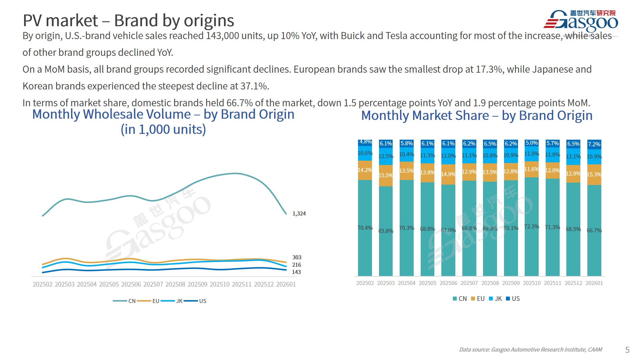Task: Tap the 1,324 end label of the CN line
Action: click(299, 214)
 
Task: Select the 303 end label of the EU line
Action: click(297, 257)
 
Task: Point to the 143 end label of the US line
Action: click(296, 272)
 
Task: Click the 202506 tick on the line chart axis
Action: click(131, 284)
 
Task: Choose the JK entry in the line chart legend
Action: click(179, 301)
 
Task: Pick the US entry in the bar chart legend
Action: click(515, 299)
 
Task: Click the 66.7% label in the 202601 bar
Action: click(594, 230)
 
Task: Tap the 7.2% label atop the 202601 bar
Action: click(594, 144)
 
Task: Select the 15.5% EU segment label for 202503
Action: click(386, 175)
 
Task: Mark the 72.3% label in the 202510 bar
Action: click(532, 227)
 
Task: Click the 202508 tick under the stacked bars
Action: click(490, 283)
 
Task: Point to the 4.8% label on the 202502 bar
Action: click(365, 142)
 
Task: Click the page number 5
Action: click(627, 350)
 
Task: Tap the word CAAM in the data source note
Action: click(595, 350)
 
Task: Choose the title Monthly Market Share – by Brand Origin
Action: click(477, 115)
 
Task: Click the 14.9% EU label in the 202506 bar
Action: click(448, 174)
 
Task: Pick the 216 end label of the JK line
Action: click(296, 265)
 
